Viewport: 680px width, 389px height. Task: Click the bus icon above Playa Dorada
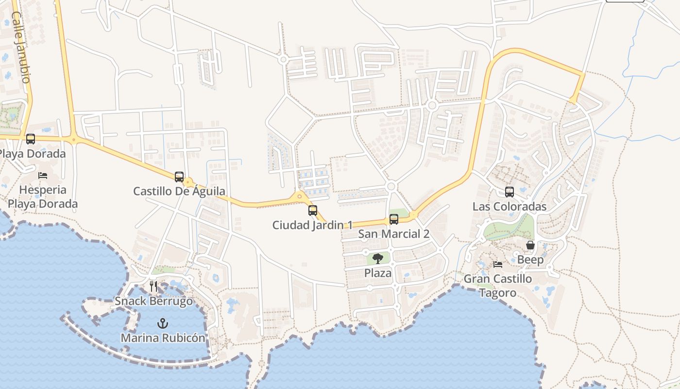coord(31,139)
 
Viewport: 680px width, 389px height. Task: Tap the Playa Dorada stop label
coord(32,154)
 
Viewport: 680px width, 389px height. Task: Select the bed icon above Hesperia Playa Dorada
coord(43,175)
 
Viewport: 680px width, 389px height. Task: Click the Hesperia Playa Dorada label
coord(43,197)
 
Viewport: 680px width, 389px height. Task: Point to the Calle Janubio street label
coord(21,47)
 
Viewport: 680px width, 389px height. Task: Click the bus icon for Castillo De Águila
coord(179,177)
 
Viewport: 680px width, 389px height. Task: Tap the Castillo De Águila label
coord(179,191)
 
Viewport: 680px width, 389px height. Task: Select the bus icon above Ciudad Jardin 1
coord(313,211)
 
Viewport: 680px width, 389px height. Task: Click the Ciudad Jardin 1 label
coord(312,225)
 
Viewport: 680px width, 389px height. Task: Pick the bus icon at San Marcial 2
coord(394,219)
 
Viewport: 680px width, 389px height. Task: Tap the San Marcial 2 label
coord(393,234)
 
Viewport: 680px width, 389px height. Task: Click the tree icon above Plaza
coord(378,259)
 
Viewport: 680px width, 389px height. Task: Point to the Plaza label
coord(378,273)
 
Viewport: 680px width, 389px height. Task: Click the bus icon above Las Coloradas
coord(510,192)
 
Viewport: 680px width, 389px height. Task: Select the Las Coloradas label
coord(510,207)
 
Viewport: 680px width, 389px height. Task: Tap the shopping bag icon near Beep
coord(530,245)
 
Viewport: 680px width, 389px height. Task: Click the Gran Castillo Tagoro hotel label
coord(498,286)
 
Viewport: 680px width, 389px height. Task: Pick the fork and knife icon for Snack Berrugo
coord(153,286)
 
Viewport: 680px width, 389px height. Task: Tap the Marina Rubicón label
coord(163,338)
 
